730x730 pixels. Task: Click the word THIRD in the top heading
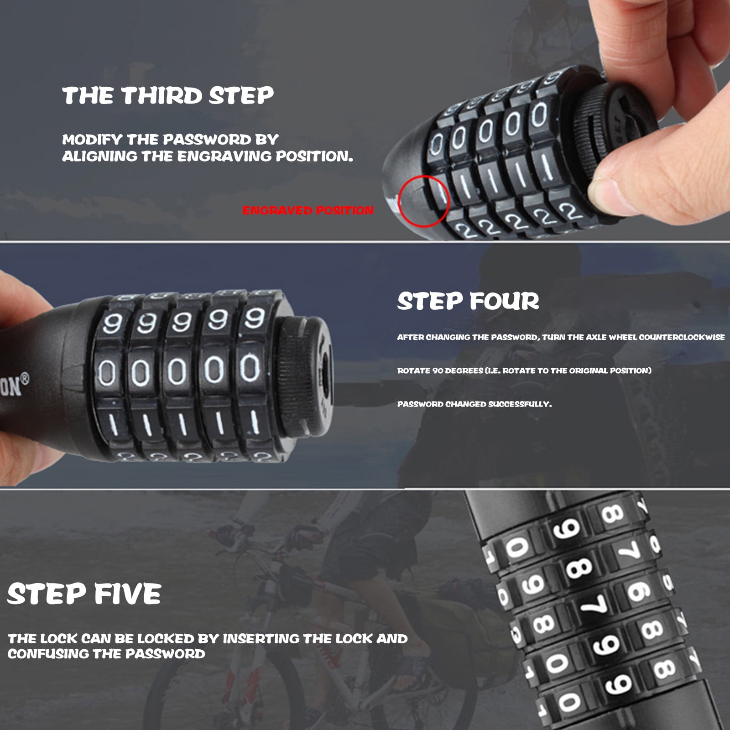click(162, 96)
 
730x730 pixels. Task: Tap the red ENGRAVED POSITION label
click(308, 210)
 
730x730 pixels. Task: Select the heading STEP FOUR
click(468, 302)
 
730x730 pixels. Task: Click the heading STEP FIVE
click(84, 594)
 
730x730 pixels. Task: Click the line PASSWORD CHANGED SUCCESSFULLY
click(474, 404)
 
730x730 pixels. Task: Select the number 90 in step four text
click(438, 370)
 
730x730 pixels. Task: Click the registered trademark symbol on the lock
click(25, 378)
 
